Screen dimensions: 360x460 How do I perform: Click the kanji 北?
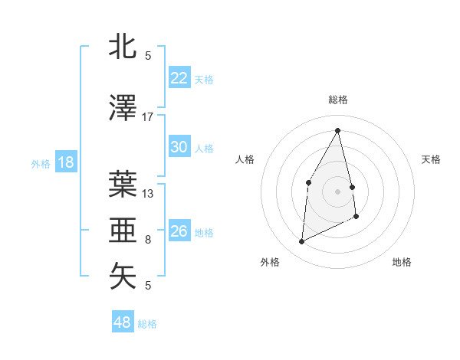tap(123, 47)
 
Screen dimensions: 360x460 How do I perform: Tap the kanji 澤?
tap(123, 108)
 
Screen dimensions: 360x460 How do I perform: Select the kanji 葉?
tap(123, 184)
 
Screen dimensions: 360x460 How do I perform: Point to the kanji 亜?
tap(123, 230)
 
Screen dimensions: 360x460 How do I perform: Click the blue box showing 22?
tap(179, 78)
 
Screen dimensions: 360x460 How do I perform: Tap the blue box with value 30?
tap(179, 147)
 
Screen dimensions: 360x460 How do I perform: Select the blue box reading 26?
tap(179, 231)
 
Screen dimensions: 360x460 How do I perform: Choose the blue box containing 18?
tap(65, 162)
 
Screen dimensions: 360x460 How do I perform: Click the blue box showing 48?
tap(122, 322)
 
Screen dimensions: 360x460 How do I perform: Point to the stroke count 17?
tap(148, 116)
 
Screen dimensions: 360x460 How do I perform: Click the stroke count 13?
tap(148, 194)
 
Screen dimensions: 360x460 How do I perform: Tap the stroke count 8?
tap(148, 240)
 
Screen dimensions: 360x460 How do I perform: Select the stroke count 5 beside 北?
tap(148, 56)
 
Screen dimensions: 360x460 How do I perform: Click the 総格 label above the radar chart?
tap(337, 100)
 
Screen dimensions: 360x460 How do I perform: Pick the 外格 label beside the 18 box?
tap(41, 164)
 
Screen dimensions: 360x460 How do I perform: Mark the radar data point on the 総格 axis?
tap(337, 130)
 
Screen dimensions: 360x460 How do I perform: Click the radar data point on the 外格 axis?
tap(301, 242)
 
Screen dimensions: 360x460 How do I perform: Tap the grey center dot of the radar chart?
tap(337, 191)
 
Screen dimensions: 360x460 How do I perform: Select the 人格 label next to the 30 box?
tap(204, 149)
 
